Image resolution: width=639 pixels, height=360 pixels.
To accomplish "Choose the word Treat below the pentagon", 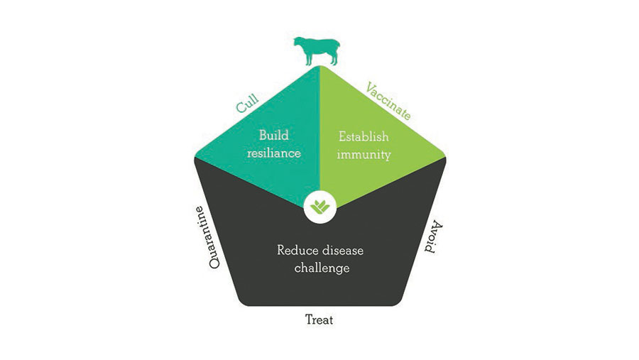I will pos(319,320).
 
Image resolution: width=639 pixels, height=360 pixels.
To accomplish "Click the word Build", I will pos(274,135).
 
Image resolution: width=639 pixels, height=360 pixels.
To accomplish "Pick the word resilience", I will pos(274,152).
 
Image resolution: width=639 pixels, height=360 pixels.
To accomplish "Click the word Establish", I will pos(364,136).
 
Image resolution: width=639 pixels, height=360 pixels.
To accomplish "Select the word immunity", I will pos(364,153).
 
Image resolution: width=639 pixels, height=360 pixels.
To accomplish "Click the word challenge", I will pos(319,268).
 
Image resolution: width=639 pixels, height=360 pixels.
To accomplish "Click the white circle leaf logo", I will pos(319,208).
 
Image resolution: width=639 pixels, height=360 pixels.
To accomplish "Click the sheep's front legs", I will pos(306,60).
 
